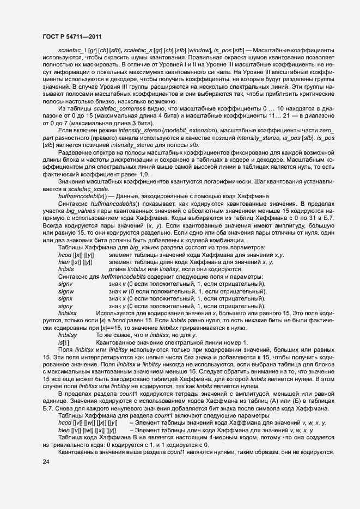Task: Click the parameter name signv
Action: pyautogui.click(x=65, y=284)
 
